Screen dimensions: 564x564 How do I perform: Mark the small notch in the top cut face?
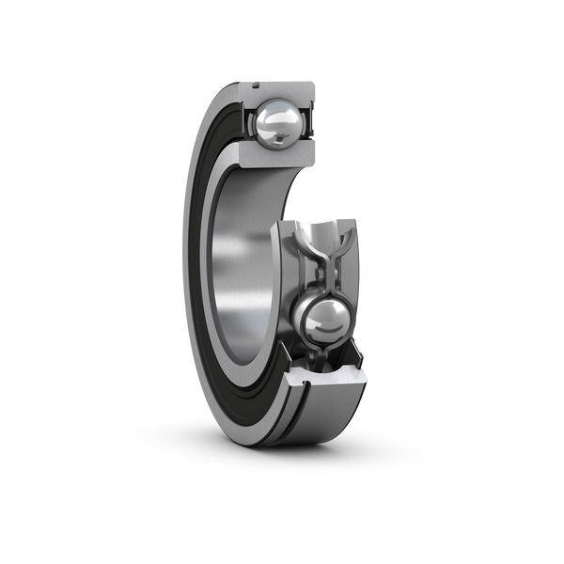coord(256,86)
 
